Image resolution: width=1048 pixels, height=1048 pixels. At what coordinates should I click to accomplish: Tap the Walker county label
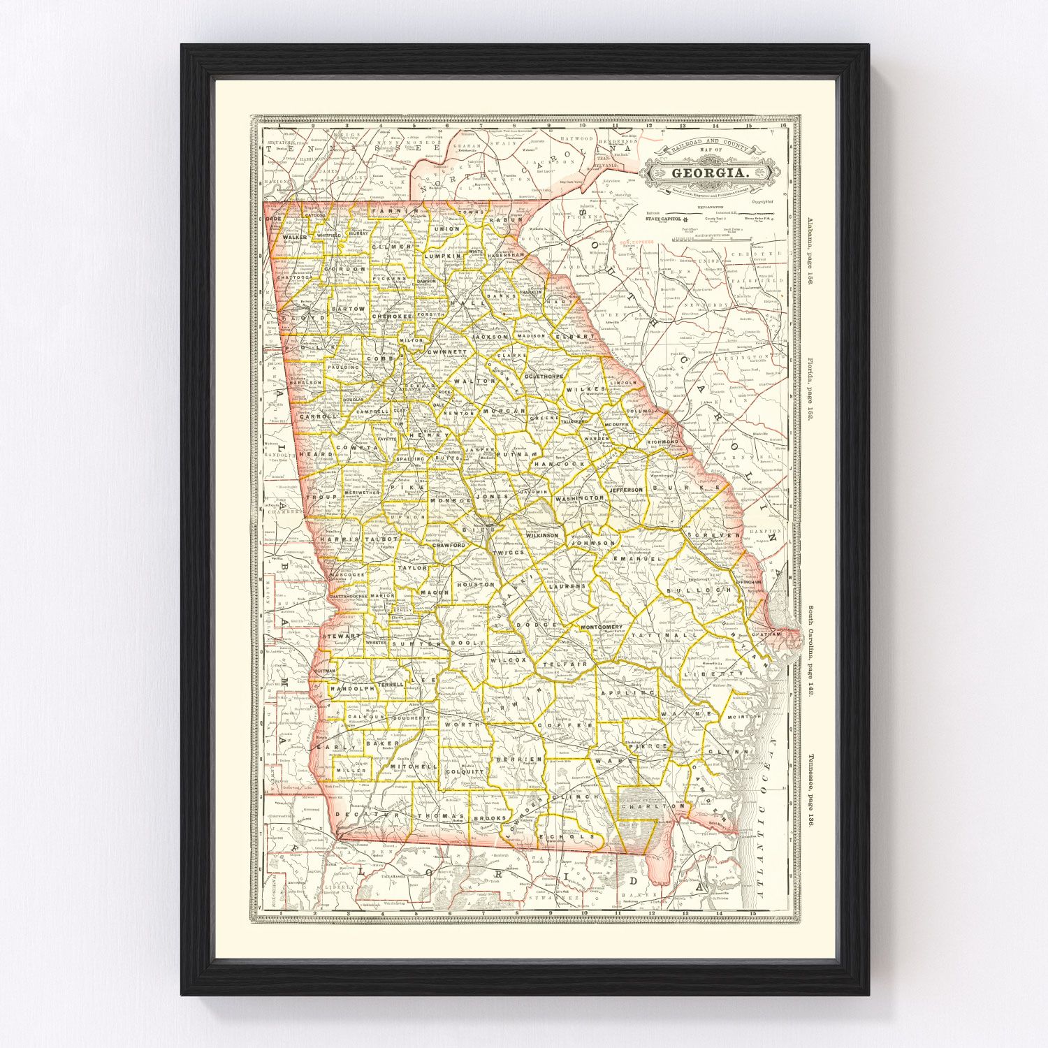tap(294, 238)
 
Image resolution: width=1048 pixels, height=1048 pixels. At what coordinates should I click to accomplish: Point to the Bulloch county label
tap(689, 590)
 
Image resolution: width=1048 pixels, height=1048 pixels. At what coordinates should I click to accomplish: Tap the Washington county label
tap(580, 498)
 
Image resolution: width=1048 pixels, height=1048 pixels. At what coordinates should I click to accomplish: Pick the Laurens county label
tap(567, 586)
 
